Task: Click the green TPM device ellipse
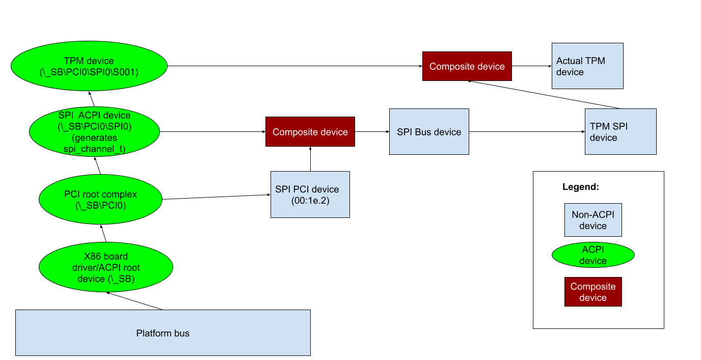[x=89, y=66]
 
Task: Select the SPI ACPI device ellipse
[x=94, y=131]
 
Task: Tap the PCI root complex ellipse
[x=100, y=200]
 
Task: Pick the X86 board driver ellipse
[x=106, y=267]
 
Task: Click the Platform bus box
[x=163, y=333]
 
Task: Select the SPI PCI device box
[x=310, y=195]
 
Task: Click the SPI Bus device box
[x=428, y=131]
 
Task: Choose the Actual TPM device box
[x=587, y=66]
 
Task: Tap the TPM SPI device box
[x=620, y=131]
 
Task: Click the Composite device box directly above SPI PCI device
[x=310, y=132]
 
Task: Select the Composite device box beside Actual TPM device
[x=467, y=66]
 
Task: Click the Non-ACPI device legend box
[x=592, y=220]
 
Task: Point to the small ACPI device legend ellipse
[x=592, y=255]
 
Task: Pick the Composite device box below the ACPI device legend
[x=592, y=292]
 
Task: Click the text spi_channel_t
[x=94, y=149]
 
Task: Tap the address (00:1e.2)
[x=310, y=201]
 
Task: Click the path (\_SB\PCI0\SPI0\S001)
[x=89, y=72]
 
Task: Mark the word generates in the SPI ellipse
[x=95, y=138]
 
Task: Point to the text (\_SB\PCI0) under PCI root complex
[x=100, y=206]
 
